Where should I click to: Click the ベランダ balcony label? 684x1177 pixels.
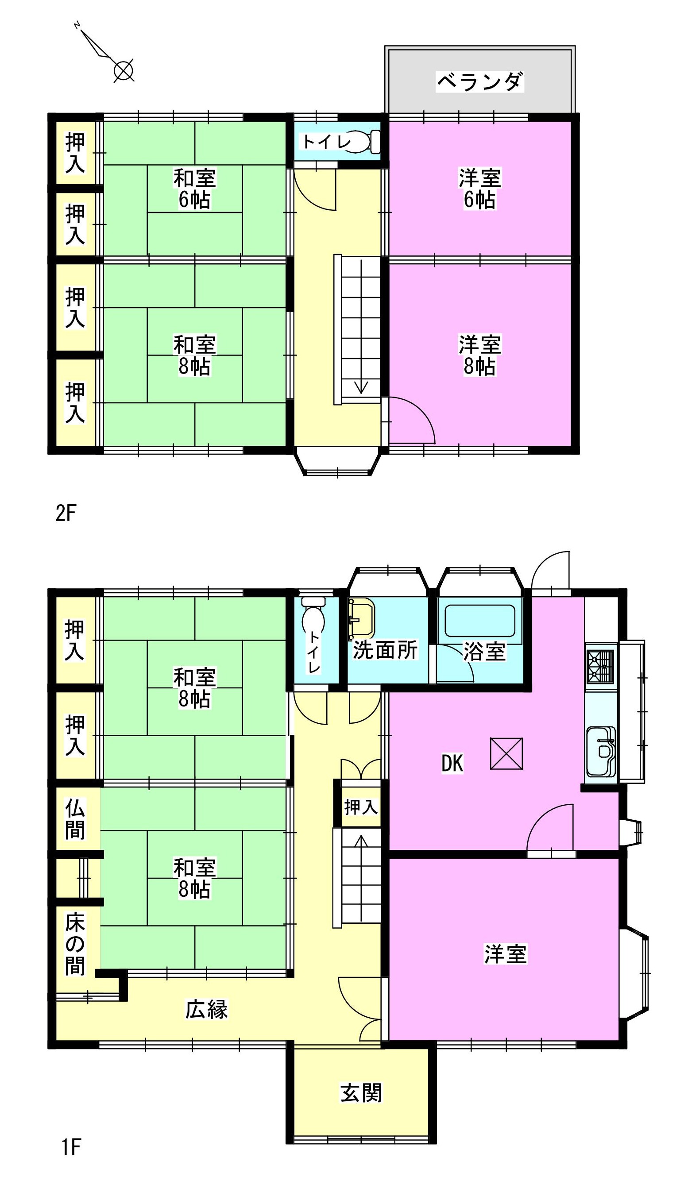479,82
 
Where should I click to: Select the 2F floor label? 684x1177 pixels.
66,513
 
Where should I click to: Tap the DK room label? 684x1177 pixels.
452,763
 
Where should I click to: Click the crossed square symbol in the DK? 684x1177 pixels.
506,753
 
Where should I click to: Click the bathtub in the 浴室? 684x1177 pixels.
480,621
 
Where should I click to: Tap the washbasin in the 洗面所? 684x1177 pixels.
362,619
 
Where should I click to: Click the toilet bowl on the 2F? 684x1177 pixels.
364,141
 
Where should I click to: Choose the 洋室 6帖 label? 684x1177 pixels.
479,189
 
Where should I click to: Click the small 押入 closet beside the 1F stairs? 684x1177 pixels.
361,807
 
